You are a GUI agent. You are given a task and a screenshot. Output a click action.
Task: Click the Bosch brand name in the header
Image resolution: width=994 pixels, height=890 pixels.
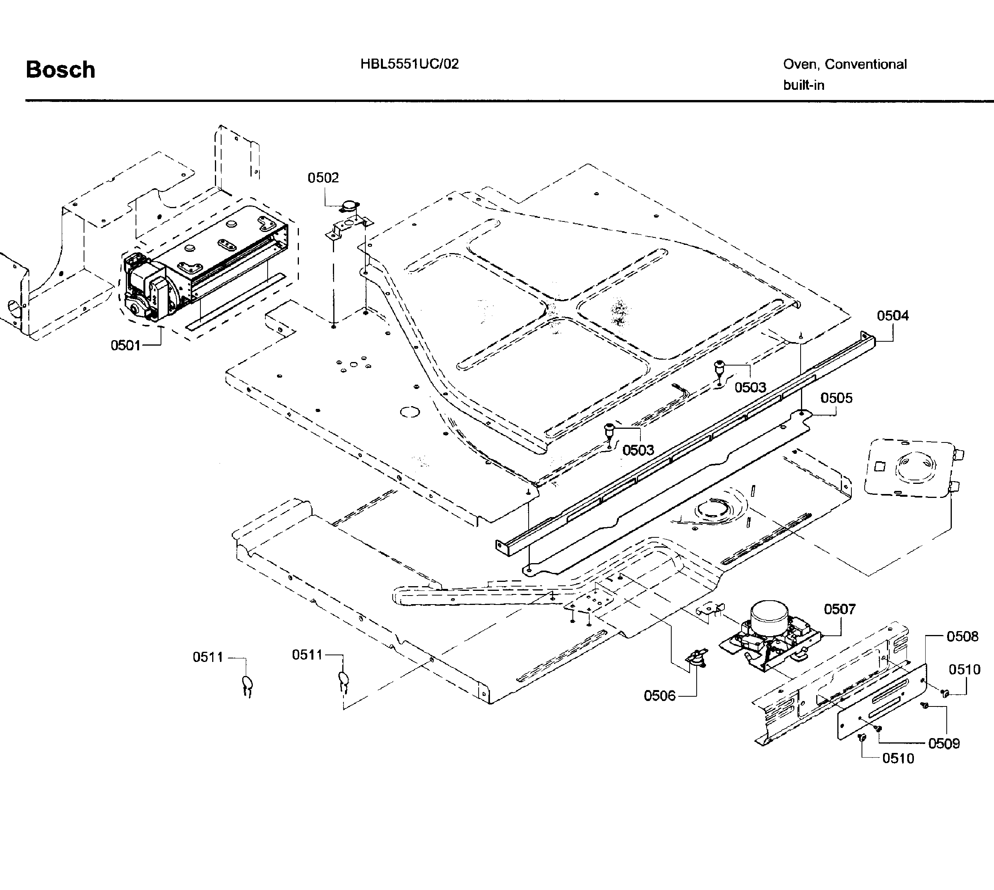pos(60,70)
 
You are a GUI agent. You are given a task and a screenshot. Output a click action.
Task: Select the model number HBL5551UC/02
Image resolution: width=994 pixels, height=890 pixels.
pos(409,64)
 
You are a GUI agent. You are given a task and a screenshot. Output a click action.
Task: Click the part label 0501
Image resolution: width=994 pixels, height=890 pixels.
pos(126,345)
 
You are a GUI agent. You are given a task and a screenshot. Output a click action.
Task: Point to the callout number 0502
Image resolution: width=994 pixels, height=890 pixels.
pos(323,178)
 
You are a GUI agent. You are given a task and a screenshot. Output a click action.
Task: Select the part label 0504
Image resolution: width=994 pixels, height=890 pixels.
pos(893,316)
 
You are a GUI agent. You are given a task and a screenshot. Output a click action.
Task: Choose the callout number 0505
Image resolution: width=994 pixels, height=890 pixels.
pos(837,398)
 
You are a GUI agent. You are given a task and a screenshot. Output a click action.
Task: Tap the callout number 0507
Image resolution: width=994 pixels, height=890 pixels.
pos(839,609)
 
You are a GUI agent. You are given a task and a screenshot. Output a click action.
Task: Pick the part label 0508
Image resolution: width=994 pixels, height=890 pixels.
pos(962,636)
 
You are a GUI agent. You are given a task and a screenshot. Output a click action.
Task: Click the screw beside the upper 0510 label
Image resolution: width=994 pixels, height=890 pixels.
pos(945,692)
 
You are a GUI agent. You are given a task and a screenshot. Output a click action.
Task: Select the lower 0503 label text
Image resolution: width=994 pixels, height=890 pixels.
pos(638,450)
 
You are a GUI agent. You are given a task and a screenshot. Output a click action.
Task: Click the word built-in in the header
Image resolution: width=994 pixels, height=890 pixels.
pos(804,85)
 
